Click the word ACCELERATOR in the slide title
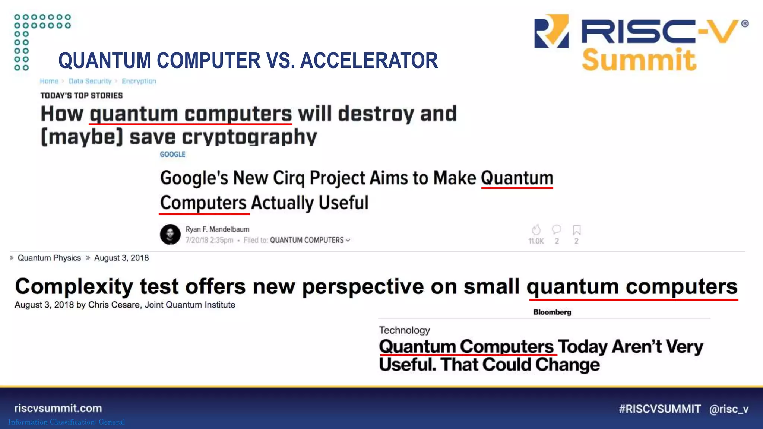[369, 61]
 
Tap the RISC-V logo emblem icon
[551, 32]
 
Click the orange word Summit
[639, 60]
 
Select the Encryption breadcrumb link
[139, 81]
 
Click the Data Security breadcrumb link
[90, 81]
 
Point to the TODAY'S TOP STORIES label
[82, 96]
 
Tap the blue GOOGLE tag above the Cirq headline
[172, 154]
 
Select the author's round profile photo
[170, 234]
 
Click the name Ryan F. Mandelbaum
[218, 229]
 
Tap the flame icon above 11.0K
[536, 230]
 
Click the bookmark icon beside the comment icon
[576, 230]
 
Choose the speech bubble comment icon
[557, 229]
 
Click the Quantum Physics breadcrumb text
[49, 258]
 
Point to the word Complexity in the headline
[74, 287]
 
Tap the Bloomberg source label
[552, 312]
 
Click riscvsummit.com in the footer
[58, 408]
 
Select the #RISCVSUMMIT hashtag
[659, 409]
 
